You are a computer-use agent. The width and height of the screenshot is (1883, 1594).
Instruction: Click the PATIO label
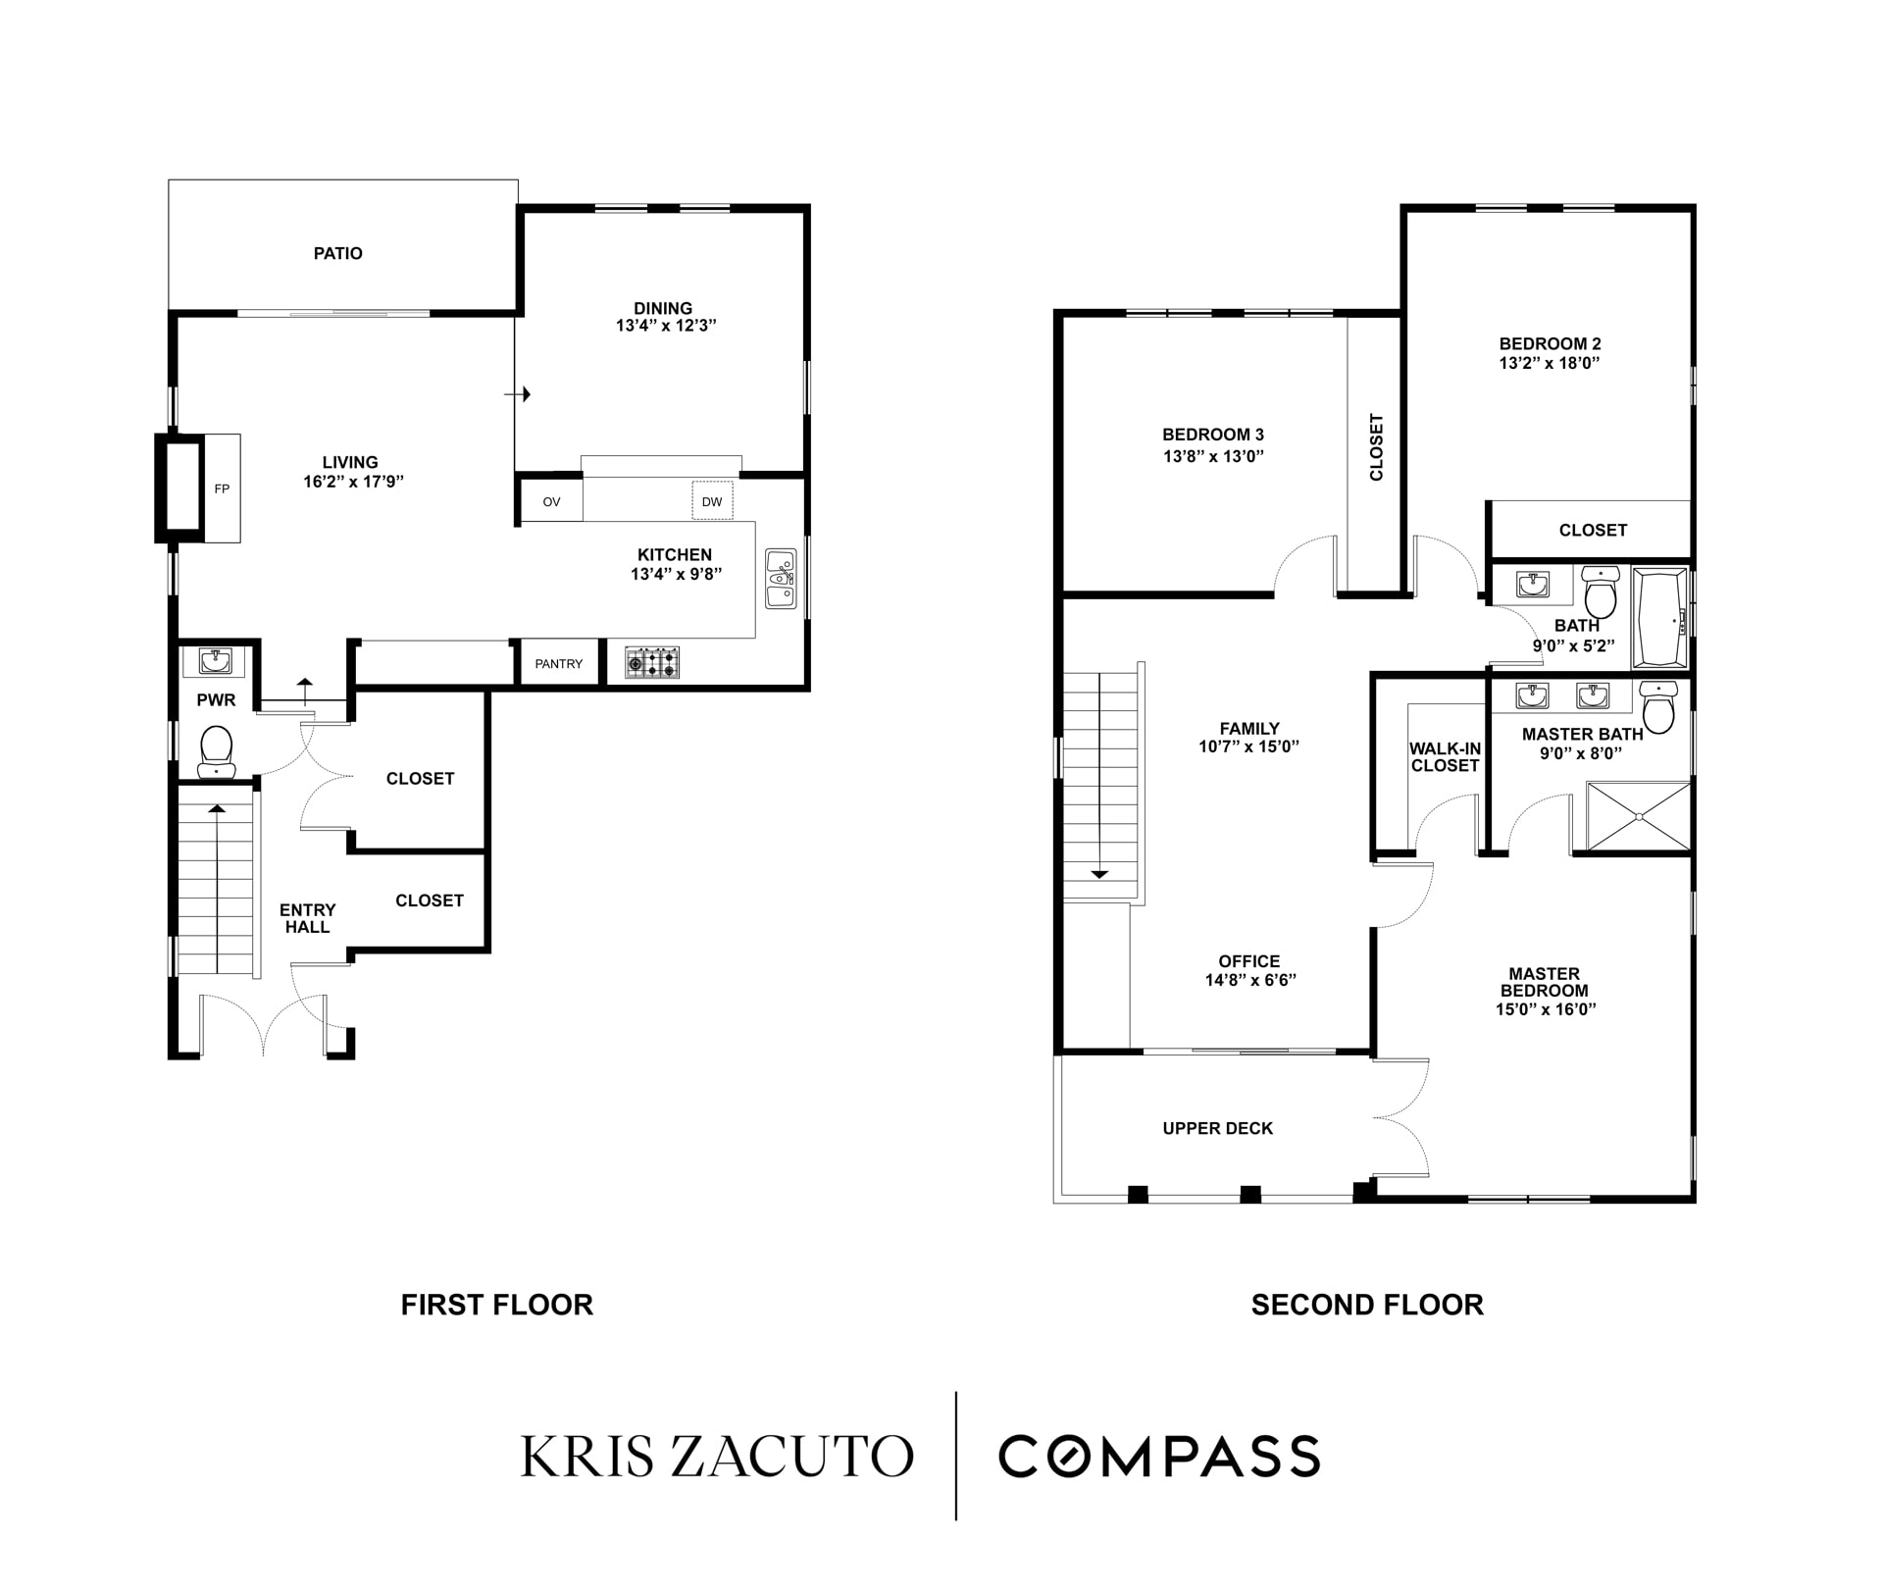[337, 253]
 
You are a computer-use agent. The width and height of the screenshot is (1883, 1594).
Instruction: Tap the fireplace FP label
[222, 488]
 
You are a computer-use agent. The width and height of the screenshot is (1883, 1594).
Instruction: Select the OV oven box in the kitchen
[551, 501]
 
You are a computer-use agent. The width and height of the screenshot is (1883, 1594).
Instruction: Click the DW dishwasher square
[712, 501]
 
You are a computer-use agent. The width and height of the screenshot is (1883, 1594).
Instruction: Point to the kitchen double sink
[781, 579]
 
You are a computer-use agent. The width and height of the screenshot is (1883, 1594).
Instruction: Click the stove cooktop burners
[652, 662]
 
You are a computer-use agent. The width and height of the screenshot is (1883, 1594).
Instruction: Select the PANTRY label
[559, 664]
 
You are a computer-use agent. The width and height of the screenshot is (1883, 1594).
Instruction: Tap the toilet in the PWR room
[216, 751]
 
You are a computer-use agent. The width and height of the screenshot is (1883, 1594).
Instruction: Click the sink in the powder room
[215, 661]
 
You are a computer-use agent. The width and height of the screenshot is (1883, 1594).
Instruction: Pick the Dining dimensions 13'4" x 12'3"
[666, 326]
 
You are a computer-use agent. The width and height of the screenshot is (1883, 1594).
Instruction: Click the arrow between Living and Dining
[517, 394]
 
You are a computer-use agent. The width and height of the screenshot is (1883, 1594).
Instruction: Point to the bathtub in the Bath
[1659, 620]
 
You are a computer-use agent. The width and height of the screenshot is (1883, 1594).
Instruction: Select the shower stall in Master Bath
[1639, 816]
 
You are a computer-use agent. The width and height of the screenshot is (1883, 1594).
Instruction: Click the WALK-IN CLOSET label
[1445, 757]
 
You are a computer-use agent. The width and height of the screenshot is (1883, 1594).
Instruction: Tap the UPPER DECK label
[1217, 1128]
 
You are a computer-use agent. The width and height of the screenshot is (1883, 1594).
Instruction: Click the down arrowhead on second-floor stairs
[1099, 873]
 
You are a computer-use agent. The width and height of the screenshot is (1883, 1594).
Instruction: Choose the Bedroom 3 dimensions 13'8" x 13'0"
[1213, 456]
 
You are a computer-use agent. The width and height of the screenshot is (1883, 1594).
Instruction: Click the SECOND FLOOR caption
[1367, 1305]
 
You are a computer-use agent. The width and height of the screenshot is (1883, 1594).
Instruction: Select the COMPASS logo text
[1159, 1456]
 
